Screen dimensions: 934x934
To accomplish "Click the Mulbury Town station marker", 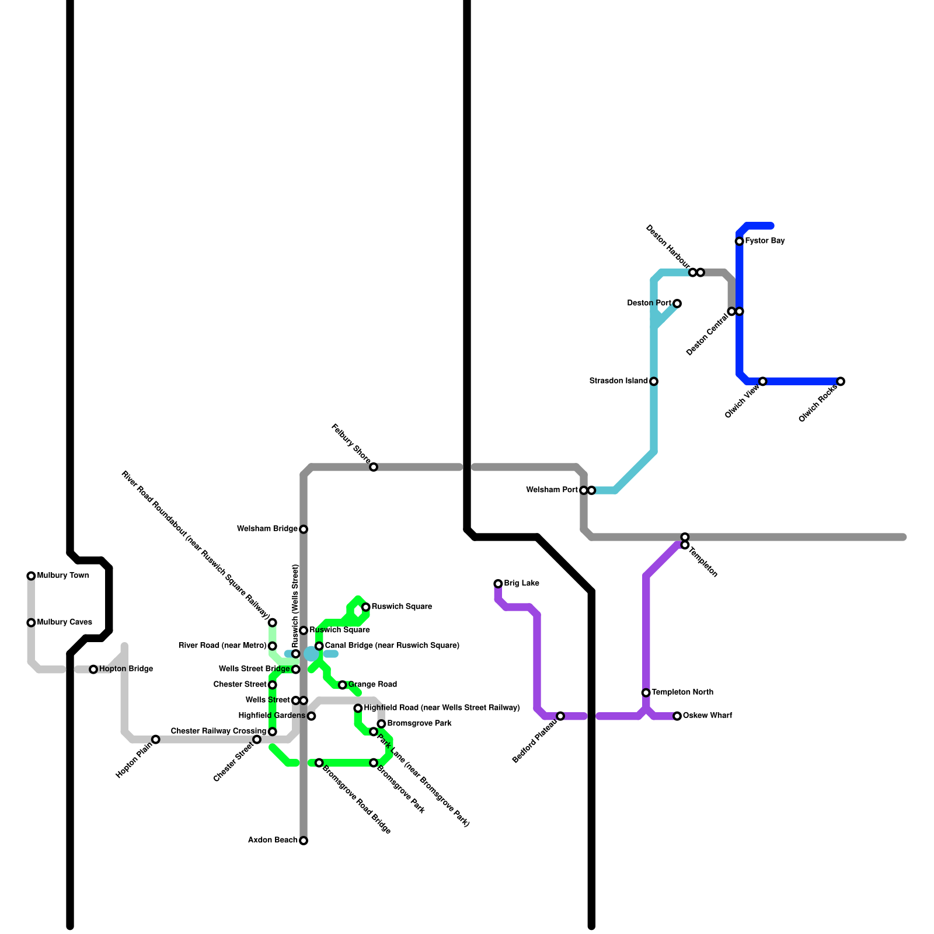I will coord(31,576).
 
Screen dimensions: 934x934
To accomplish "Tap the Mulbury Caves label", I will coord(64,622).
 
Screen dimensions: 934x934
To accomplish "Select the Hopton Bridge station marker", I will coord(93,670).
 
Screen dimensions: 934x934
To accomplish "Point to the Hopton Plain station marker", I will coord(156,740).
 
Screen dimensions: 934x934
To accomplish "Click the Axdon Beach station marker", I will coord(304,841).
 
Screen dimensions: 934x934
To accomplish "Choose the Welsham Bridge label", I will coord(267,529).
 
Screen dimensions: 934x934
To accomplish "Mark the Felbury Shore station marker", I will coord(374,467).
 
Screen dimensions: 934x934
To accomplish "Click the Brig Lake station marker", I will coord(498,584).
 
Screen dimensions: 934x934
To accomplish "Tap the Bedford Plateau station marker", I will coord(560,716).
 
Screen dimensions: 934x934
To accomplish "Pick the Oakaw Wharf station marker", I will coord(677,716).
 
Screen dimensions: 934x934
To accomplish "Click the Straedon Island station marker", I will coord(654,382).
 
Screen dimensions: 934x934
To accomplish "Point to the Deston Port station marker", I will coord(677,304).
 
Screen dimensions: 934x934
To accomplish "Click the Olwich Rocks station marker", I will coord(841,382).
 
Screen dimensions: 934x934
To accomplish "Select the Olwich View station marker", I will coord(763,382).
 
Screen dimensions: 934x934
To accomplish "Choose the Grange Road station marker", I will coord(343,685).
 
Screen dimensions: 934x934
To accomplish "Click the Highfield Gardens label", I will coord(272,716).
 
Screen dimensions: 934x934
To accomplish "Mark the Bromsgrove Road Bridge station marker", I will coord(319,763).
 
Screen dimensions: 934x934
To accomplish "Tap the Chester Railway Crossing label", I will coord(218,731).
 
